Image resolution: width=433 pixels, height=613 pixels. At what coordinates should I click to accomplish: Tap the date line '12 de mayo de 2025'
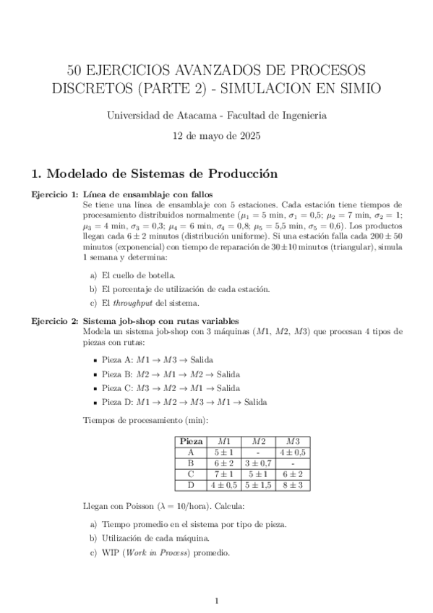coord(216,135)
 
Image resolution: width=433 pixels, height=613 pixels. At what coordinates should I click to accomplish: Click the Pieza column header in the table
coord(191,441)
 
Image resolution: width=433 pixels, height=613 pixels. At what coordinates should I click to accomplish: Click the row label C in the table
coord(191,474)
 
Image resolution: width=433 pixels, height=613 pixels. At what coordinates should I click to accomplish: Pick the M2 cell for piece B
coord(258,463)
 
